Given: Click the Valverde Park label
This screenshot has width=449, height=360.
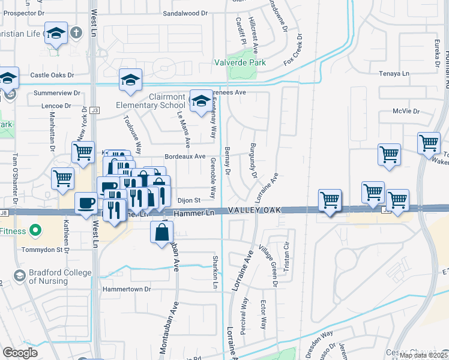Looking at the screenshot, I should [240, 62].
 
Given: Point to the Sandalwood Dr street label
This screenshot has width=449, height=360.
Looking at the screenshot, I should [184, 13].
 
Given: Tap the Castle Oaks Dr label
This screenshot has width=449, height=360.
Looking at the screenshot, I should [52, 75].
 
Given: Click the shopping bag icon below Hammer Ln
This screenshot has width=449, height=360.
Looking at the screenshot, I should [162, 233].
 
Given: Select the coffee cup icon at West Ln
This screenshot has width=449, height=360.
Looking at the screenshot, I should [86, 203].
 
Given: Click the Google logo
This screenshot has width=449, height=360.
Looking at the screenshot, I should [19, 353].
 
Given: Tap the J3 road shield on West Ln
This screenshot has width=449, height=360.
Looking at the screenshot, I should [94, 110].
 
